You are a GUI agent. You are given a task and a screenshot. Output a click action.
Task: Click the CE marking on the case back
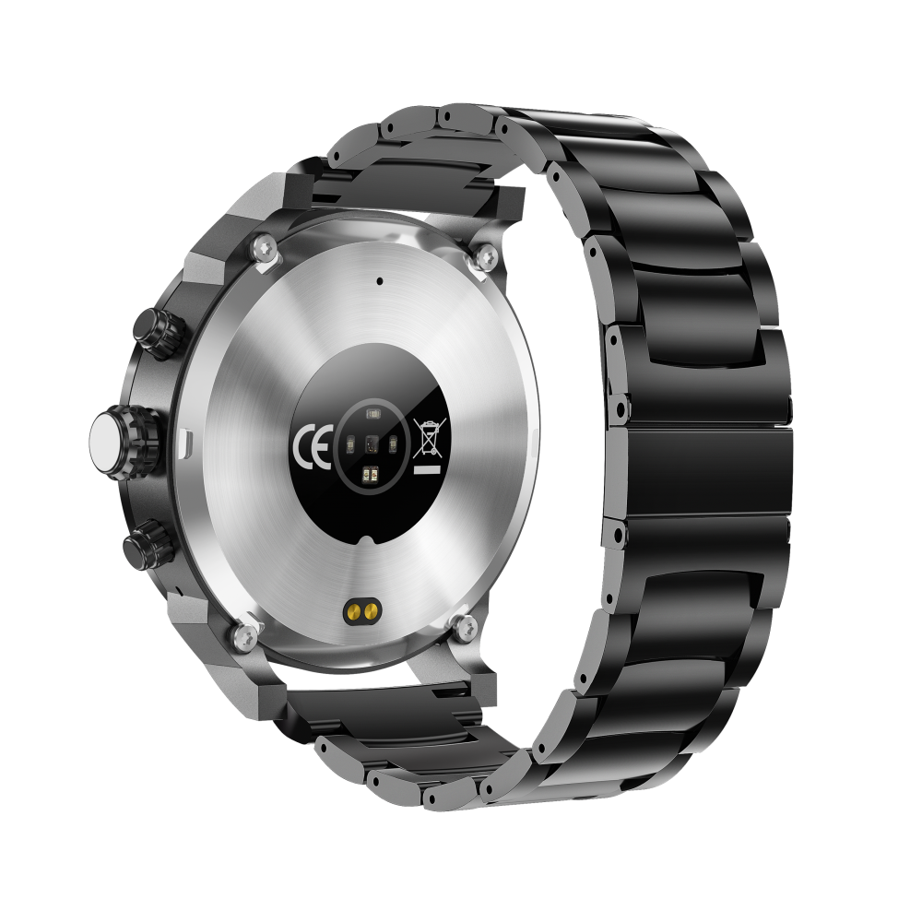click(312, 445)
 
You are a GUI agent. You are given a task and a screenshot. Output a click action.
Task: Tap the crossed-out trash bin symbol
click(430, 437)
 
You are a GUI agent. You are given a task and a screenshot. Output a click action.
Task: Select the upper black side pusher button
click(160, 333)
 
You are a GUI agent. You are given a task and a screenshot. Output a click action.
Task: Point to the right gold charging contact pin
click(370, 612)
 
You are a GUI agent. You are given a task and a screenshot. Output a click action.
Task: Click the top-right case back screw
click(486, 255)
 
